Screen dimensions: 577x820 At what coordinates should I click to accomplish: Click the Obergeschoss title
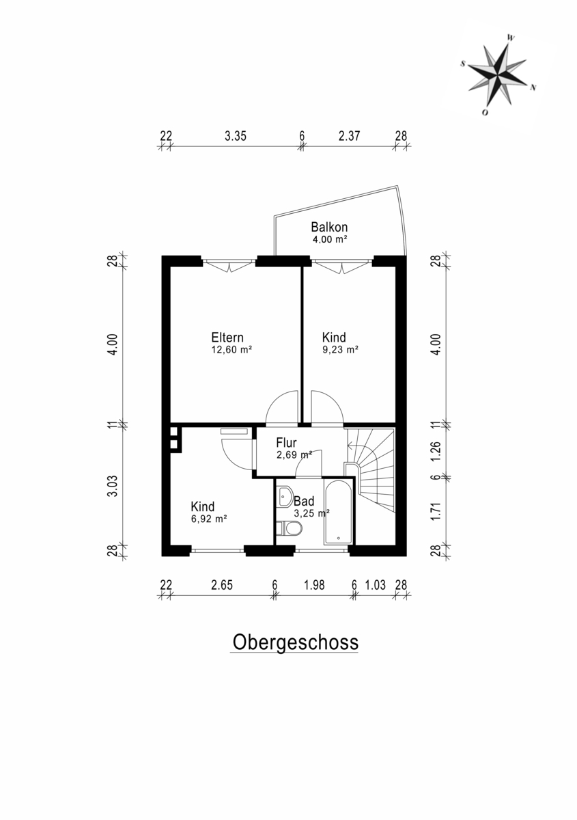coord(295,642)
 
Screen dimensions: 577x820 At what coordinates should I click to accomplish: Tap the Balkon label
coord(329,227)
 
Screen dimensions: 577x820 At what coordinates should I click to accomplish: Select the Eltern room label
coord(227,337)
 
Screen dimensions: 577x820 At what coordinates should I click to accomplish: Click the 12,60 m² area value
coord(231,350)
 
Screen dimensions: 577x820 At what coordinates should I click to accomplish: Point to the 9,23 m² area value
coord(340,350)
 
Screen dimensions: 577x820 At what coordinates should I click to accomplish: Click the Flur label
coord(286,443)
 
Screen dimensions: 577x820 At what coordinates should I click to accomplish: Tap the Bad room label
coord(304,500)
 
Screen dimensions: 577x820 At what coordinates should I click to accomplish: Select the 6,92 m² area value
coord(209,519)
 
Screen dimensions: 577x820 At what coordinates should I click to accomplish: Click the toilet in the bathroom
coord(289,528)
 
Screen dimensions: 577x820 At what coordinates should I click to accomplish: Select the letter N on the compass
coord(533,87)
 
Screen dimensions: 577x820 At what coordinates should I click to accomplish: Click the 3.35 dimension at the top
coord(236,136)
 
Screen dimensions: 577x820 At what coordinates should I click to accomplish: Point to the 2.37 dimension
coord(349,136)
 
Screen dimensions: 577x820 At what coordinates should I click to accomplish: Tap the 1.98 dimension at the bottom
coord(314,585)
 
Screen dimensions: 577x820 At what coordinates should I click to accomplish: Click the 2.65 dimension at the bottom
coord(222,585)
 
